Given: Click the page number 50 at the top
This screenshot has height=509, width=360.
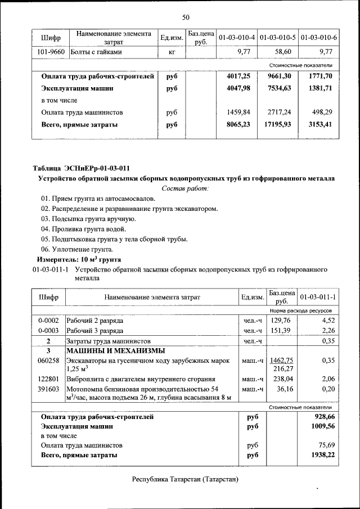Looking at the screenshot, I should click(186, 16).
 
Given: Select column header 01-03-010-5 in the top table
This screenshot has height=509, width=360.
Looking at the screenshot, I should click(278, 38).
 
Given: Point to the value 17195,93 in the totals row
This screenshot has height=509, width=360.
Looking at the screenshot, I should click(277, 124).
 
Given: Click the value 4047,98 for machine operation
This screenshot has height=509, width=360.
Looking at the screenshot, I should click(237, 88).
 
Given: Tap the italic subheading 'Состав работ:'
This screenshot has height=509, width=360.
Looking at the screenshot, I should click(185, 188).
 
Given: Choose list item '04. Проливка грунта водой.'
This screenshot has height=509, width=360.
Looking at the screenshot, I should click(83, 229).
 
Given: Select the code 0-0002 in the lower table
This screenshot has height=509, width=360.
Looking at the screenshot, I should click(49, 321).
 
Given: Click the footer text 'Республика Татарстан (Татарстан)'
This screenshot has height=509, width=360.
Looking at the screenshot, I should click(185, 479).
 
